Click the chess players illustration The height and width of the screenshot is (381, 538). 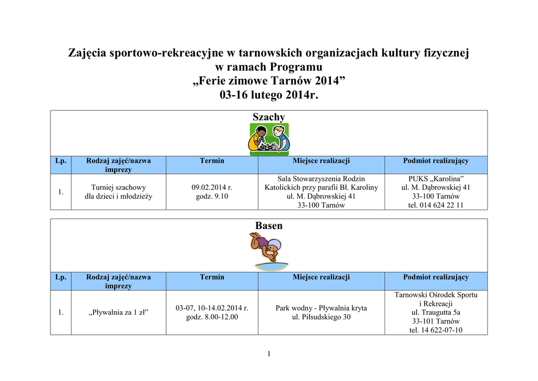268,139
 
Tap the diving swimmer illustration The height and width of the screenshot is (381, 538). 268,250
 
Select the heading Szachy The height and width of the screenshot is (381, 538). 268,117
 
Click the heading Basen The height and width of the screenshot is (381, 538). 268,225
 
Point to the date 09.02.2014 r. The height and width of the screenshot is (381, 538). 212,187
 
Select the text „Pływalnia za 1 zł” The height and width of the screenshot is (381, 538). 119,312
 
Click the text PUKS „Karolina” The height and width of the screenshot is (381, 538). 436,179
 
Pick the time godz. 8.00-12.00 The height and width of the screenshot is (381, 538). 212,317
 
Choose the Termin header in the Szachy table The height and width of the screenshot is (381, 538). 212,161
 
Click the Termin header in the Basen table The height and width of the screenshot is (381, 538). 212,277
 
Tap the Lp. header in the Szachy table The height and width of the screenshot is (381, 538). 61,161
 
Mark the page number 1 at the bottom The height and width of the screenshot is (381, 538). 268,353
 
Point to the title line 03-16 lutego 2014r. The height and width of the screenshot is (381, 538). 268,96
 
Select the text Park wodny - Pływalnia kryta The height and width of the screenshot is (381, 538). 321,308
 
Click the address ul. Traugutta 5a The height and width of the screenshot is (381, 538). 436,312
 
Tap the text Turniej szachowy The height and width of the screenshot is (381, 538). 119,187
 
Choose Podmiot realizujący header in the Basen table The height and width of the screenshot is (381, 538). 436,277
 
